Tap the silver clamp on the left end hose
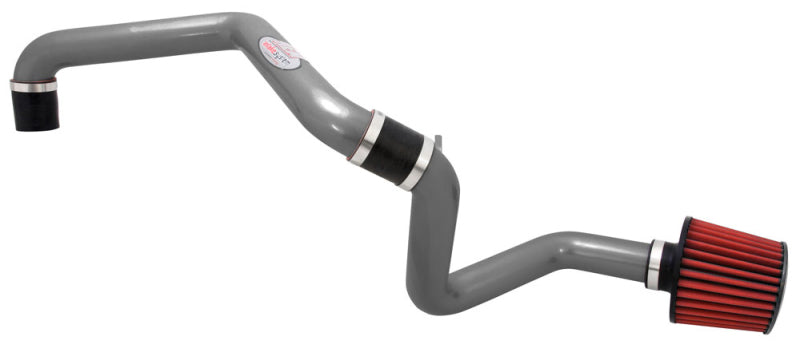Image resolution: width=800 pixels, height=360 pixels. point(35,87)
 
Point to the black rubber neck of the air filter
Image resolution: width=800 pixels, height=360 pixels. point(672,264)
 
